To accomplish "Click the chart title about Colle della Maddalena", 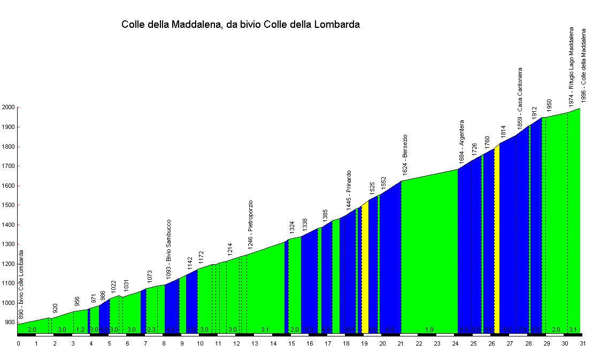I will tap(241, 25).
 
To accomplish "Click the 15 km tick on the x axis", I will tap(291, 344).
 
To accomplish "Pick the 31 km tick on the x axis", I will tap(582, 344).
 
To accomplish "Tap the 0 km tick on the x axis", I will tap(18, 344).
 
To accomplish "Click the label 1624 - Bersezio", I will tap(405, 155).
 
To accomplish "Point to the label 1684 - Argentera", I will tap(461, 141).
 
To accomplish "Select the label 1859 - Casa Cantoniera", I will tap(520, 96).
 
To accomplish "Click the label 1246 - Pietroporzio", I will tap(250, 225).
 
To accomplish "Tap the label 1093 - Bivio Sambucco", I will tap(168, 248).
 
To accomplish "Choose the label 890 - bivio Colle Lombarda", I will tap(22, 285).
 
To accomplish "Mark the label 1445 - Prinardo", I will tap(349, 189).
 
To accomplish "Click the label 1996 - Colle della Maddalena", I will tap(584, 65).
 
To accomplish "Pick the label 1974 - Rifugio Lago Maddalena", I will tap(571, 65).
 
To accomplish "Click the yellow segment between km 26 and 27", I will tap(497, 241).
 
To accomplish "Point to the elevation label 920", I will tap(55, 309).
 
